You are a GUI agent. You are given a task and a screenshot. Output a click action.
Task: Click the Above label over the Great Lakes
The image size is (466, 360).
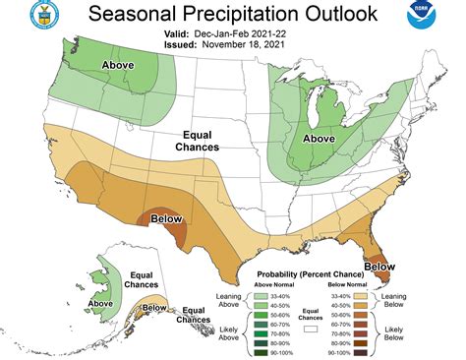[321, 139]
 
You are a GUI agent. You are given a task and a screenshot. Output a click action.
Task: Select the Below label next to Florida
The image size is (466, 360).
[379, 266]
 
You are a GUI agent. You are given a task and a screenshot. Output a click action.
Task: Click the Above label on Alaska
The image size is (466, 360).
[101, 303]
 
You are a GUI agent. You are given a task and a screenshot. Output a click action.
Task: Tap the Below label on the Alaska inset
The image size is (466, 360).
[154, 308]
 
